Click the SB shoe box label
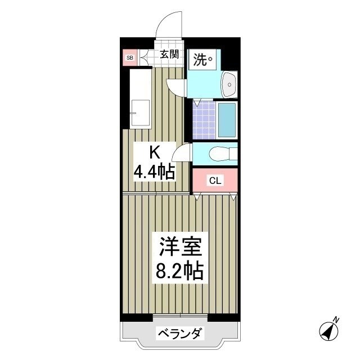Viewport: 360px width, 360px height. click(129, 57)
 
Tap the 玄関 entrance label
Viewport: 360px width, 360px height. click(168, 55)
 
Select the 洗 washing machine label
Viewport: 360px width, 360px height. click(202, 59)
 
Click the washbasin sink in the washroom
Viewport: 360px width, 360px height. click(229, 85)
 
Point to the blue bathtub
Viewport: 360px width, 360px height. click(227, 120)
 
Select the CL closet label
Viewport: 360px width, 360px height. click(214, 181)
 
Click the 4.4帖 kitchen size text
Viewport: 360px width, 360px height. click(154, 172)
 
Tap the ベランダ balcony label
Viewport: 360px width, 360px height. click(179, 334)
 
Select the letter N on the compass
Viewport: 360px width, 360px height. click(336, 320)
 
